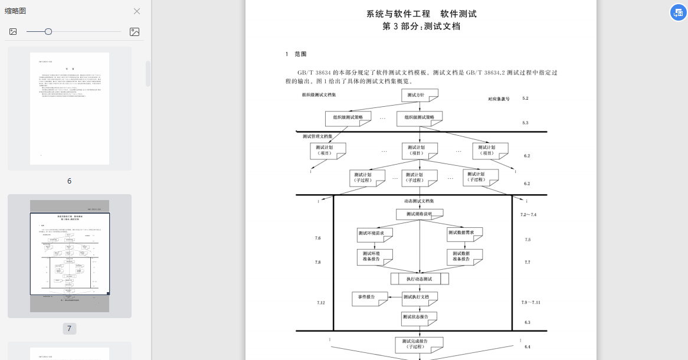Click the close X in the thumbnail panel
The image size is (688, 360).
click(x=137, y=11)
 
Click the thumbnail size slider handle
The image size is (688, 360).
click(x=48, y=31)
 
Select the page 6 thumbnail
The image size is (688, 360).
click(x=70, y=109)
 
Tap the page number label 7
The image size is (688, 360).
click(x=69, y=329)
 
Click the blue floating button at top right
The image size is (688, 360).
click(x=678, y=12)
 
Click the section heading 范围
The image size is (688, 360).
click(x=300, y=54)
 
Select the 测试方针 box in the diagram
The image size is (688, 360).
click(x=420, y=95)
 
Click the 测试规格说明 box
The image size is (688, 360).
click(x=420, y=214)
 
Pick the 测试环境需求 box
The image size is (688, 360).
click(x=375, y=233)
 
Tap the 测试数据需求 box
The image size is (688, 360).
click(x=465, y=233)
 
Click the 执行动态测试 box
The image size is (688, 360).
click(x=420, y=279)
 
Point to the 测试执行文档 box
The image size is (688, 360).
click(x=420, y=297)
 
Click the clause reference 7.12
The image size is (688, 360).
click(x=320, y=303)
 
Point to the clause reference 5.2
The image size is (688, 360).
click(x=525, y=99)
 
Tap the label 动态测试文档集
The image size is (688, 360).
click(x=420, y=201)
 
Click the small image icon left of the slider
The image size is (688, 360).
click(x=13, y=32)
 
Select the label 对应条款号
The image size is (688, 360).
click(x=499, y=99)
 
